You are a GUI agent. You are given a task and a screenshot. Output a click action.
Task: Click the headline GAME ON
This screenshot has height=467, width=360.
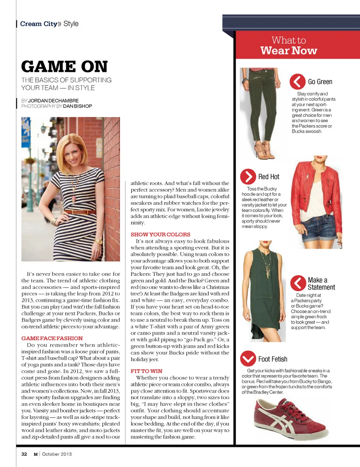64,67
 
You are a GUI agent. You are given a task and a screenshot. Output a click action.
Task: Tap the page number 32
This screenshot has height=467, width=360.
24,454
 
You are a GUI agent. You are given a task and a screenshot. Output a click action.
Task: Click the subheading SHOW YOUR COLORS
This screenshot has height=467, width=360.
160,234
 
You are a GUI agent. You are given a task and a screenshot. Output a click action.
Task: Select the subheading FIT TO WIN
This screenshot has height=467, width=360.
146,371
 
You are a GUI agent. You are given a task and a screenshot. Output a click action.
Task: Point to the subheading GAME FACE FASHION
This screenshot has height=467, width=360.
52,338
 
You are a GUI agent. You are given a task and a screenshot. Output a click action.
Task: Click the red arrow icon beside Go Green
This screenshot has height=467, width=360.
297,81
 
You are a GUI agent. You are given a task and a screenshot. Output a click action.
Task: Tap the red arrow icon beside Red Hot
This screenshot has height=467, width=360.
248,176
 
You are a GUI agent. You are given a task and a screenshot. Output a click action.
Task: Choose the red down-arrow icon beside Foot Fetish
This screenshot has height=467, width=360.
248,359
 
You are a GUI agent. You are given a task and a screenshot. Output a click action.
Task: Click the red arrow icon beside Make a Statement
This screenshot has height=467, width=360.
298,283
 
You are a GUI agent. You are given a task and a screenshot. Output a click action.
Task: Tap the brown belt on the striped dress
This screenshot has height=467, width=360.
79,212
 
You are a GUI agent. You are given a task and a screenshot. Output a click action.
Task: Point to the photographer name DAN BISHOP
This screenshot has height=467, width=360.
78,106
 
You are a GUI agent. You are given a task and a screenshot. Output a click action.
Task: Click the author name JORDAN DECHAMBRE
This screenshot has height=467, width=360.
53,101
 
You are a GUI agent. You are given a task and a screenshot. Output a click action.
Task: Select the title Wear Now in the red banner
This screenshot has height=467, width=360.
289,51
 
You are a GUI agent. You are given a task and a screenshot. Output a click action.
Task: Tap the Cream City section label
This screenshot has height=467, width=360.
39,24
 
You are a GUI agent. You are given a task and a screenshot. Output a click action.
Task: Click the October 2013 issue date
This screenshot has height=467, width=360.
57,454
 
